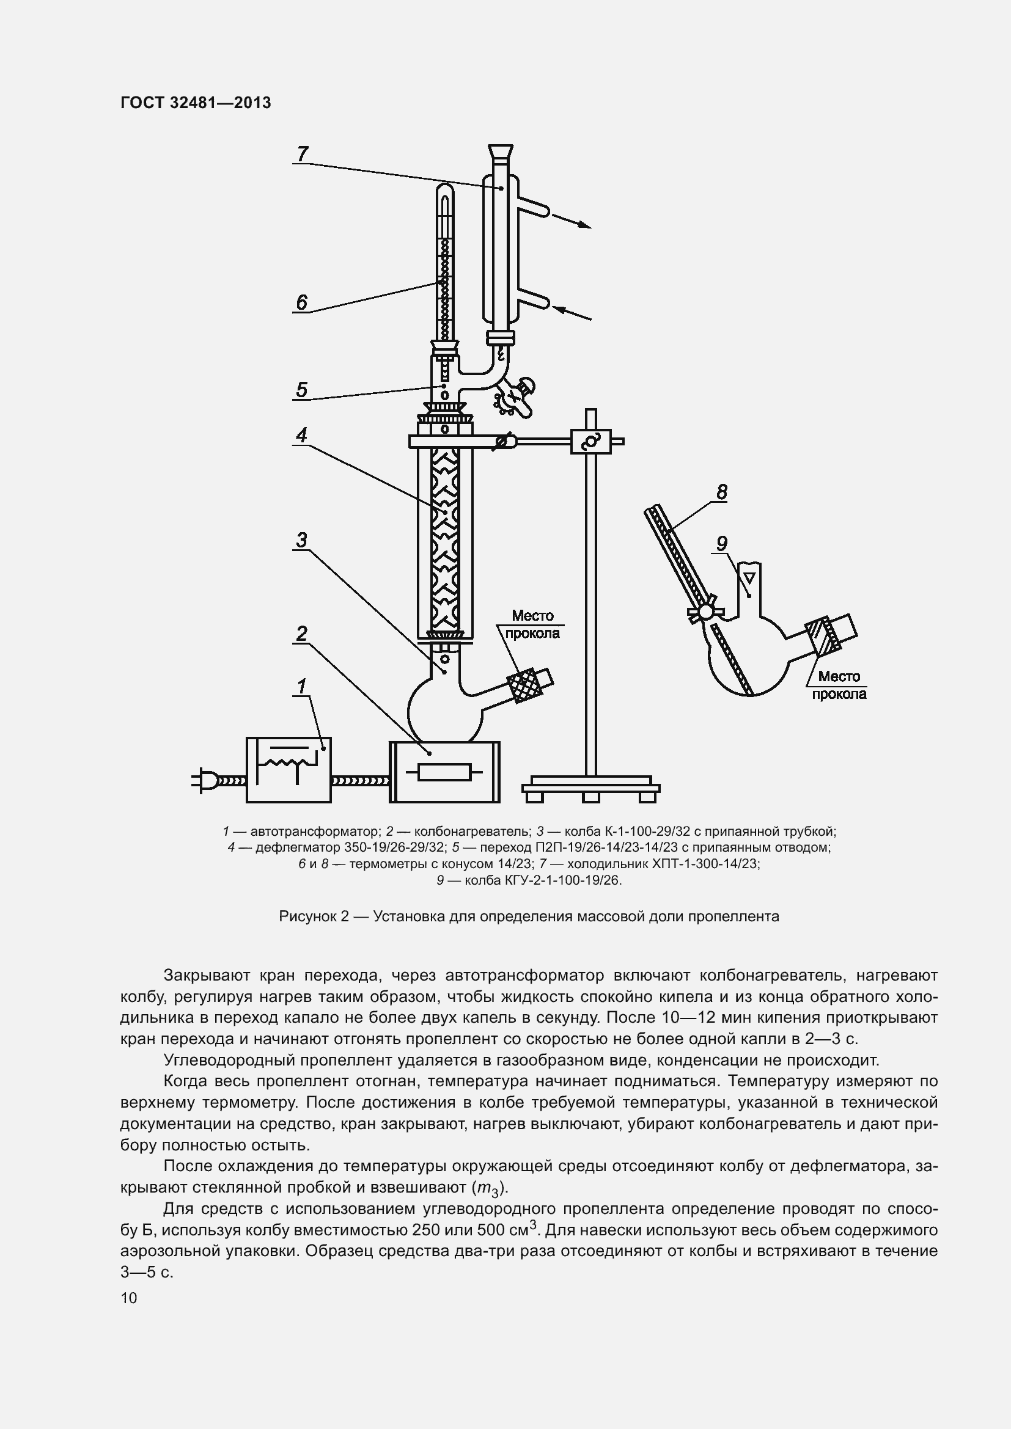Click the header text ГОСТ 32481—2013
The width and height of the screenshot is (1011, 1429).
click(x=196, y=103)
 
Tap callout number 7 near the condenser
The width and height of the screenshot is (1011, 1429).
click(x=303, y=153)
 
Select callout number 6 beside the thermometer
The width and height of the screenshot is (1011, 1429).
click(x=301, y=302)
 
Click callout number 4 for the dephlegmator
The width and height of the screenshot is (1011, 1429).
click(x=301, y=434)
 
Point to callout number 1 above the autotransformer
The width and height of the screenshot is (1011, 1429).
click(x=302, y=687)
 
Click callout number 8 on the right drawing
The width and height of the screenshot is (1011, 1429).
click(x=721, y=492)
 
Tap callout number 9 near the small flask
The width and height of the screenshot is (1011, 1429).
click(x=721, y=543)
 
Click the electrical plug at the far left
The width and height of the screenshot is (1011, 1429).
click(x=205, y=779)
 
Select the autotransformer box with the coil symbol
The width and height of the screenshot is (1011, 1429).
click(x=289, y=770)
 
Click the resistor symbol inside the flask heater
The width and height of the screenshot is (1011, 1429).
click(x=444, y=773)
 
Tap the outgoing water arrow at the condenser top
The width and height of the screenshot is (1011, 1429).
click(x=572, y=222)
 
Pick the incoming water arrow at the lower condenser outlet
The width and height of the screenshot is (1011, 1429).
click(x=572, y=313)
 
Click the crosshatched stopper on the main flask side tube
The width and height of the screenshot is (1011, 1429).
click(x=521, y=684)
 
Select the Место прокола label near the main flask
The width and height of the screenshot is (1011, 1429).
click(x=532, y=624)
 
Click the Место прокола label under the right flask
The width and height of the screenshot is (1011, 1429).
click(x=839, y=685)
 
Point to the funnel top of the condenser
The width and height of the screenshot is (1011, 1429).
click(x=500, y=152)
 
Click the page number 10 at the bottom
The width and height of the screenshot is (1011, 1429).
click(x=129, y=1298)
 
